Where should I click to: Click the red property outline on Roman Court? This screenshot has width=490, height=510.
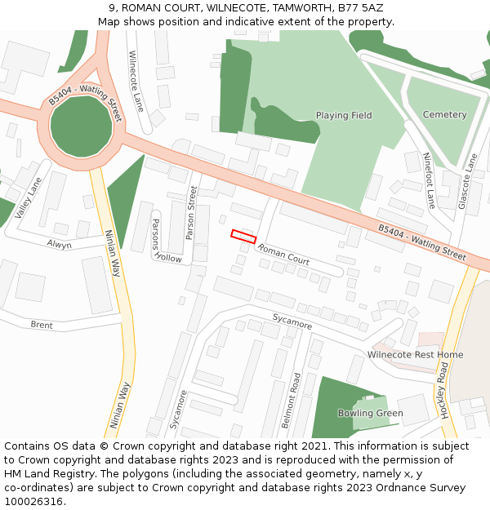tap(243, 236)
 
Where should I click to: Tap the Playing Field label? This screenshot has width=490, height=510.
tap(344, 116)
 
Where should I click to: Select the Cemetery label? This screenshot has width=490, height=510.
tap(444, 115)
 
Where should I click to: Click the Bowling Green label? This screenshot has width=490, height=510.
tap(371, 413)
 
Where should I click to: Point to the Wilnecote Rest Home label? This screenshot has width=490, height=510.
tap(415, 355)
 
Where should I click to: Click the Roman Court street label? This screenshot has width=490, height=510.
tap(283, 255)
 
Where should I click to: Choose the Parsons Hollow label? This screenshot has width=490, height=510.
tap(163, 242)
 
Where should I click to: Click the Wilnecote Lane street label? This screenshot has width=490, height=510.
tap(136, 81)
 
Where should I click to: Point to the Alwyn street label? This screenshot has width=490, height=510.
tap(59, 245)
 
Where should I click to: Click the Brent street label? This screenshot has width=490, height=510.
tap(42, 326)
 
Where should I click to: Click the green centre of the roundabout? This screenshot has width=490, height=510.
tap(81, 126)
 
